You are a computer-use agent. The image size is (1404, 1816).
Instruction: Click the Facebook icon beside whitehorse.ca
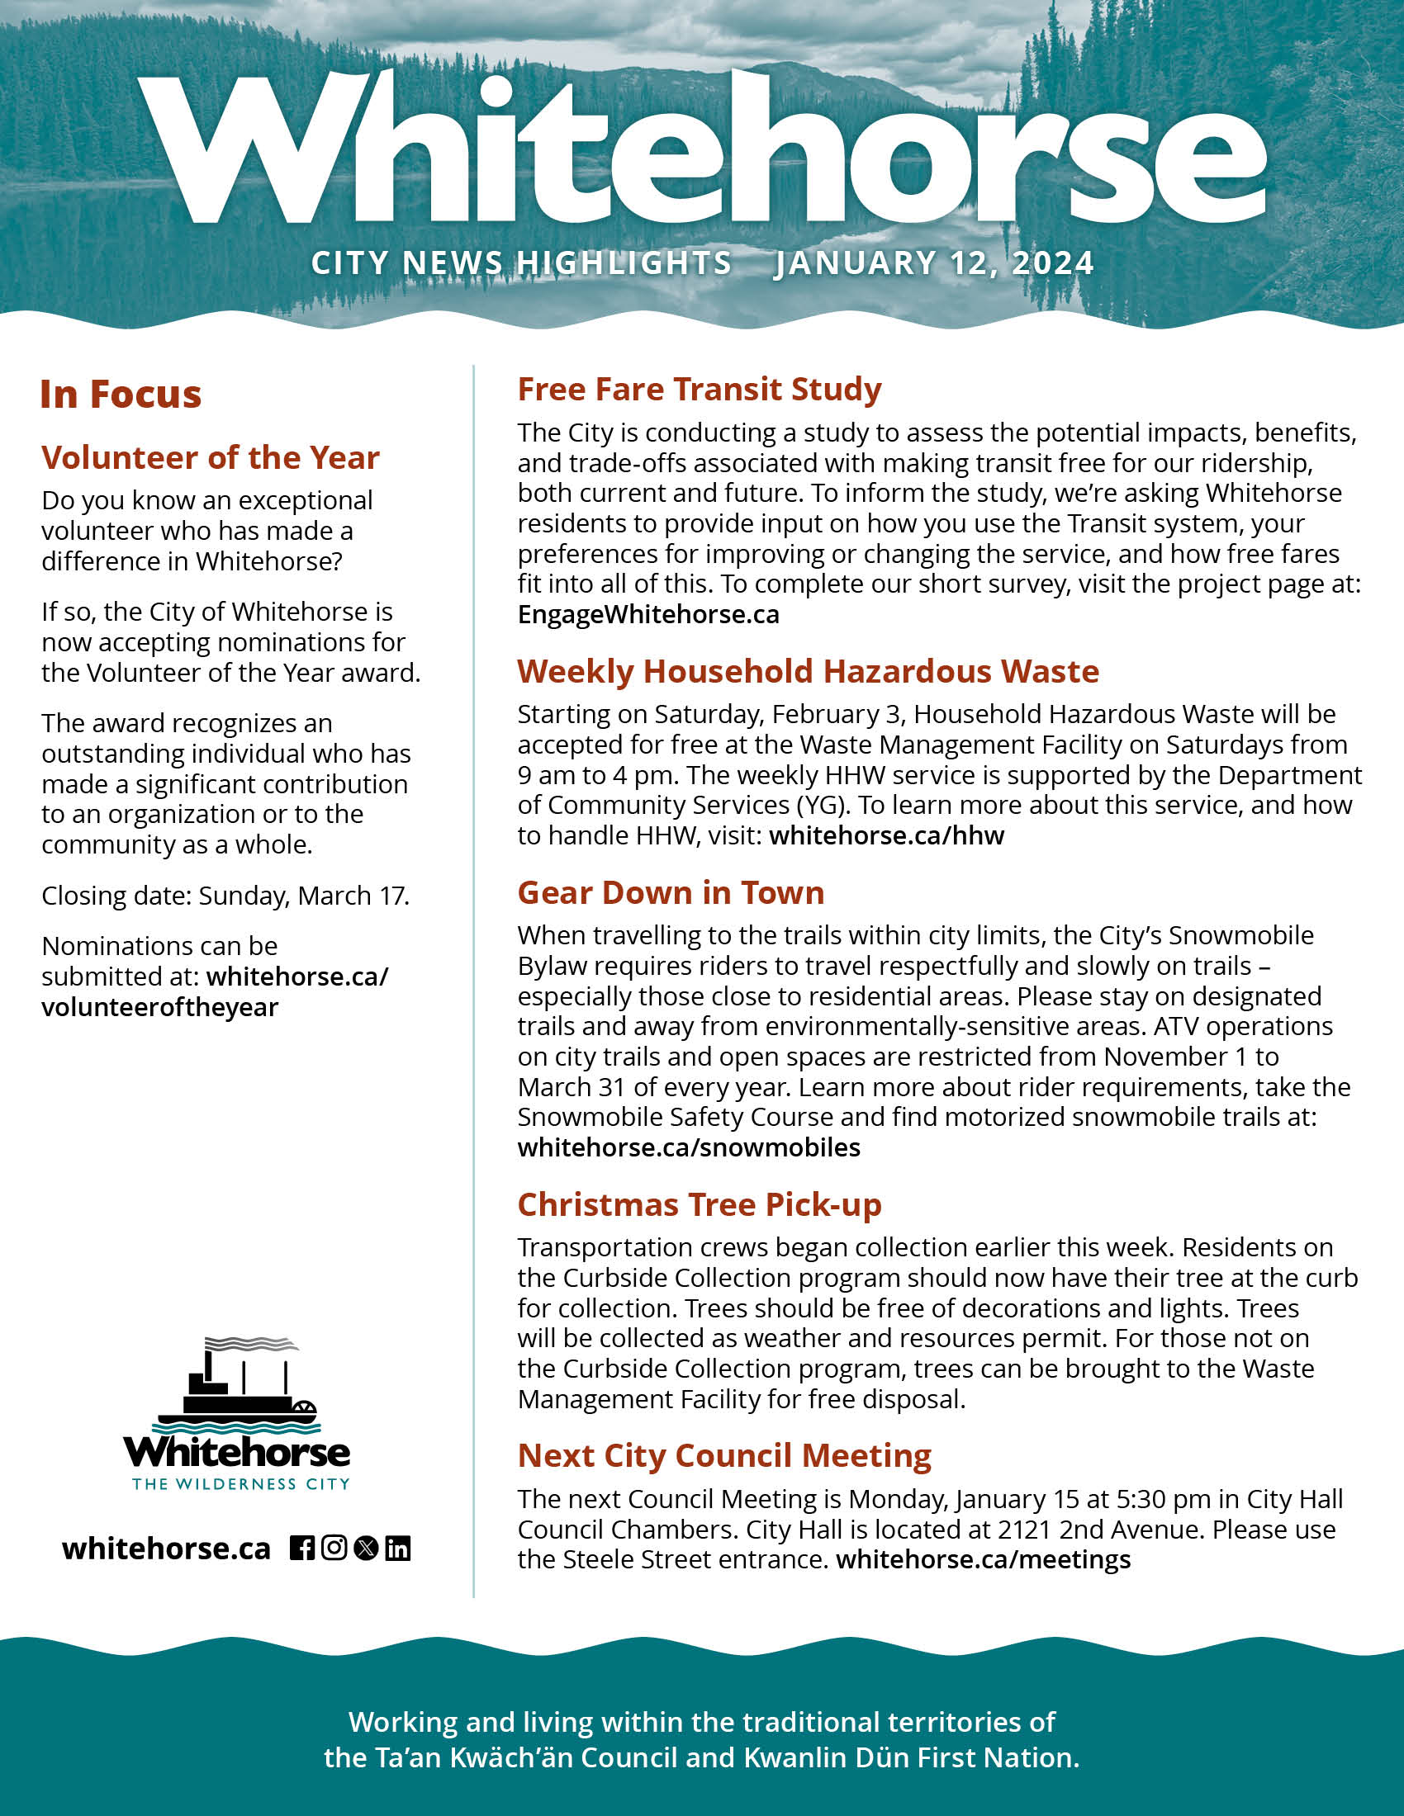pyautogui.click(x=302, y=1549)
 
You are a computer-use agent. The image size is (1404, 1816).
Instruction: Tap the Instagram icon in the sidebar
pyautogui.click(x=334, y=1548)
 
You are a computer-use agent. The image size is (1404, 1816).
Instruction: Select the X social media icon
pyautogui.click(x=366, y=1549)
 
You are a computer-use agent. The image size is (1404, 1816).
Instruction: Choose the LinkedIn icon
pyautogui.click(x=397, y=1549)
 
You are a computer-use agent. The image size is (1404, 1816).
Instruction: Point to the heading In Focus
pyautogui.click(x=121, y=395)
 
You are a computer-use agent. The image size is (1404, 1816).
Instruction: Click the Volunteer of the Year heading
pyautogui.click(x=211, y=458)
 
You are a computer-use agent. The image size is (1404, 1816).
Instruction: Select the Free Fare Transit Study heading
pyautogui.click(x=700, y=390)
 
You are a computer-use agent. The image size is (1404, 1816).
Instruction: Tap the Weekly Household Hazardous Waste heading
pyautogui.click(x=808, y=672)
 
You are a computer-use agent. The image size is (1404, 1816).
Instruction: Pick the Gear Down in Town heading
pyautogui.click(x=671, y=893)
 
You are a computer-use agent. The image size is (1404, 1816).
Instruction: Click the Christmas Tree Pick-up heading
pyautogui.click(x=700, y=1205)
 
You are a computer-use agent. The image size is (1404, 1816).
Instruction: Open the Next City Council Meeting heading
pyautogui.click(x=724, y=1456)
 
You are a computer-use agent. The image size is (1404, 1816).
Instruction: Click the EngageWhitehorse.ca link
pyautogui.click(x=649, y=614)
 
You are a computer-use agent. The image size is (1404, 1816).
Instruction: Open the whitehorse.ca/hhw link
pyautogui.click(x=887, y=835)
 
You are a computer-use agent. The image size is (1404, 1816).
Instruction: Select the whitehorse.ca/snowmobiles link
pyautogui.click(x=689, y=1147)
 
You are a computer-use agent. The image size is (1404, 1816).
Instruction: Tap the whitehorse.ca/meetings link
pyautogui.click(x=983, y=1559)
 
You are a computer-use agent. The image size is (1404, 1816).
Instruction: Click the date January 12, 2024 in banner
pyautogui.click(x=933, y=263)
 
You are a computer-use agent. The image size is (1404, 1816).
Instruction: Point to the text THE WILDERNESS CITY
pyautogui.click(x=241, y=1484)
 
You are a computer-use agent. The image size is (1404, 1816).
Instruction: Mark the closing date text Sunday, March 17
pyautogui.click(x=304, y=896)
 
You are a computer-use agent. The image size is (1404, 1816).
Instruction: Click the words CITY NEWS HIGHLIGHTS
pyautogui.click(x=521, y=263)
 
